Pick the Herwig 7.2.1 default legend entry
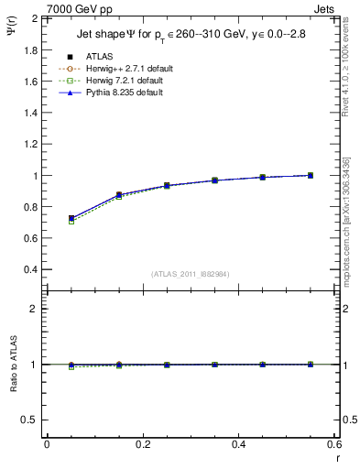[119, 81]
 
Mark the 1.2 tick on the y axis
[29, 144]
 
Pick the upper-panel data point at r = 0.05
[71, 219]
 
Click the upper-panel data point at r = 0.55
[311, 175]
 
